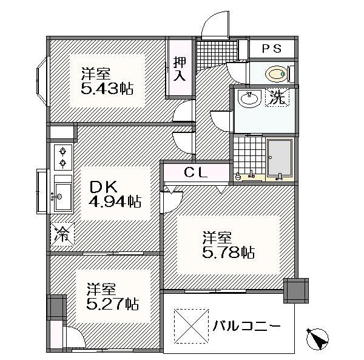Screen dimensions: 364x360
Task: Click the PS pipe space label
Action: pyautogui.click(x=272, y=49)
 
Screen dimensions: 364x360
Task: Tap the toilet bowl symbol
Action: pyautogui.click(x=276, y=74)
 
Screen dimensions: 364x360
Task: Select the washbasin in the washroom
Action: pyautogui.click(x=249, y=99)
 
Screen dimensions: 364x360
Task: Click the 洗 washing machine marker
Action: pyautogui.click(x=277, y=98)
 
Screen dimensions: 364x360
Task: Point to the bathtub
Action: pyautogui.click(x=280, y=157)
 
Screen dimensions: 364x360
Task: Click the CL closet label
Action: pyautogui.click(x=196, y=172)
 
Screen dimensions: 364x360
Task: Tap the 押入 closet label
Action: pyautogui.click(x=180, y=69)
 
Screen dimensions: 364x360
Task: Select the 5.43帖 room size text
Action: pyautogui.click(x=107, y=89)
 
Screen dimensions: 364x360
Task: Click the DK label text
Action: pyautogui.click(x=104, y=188)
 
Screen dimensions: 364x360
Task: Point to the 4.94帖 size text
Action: pyautogui.click(x=115, y=201)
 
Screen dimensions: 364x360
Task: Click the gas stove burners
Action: pyautogui.click(x=63, y=157)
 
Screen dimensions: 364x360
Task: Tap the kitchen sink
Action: pyautogui.click(x=62, y=197)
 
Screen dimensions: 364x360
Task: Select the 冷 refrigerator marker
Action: pyautogui.click(x=62, y=234)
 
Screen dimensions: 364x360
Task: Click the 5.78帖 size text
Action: pyautogui.click(x=229, y=253)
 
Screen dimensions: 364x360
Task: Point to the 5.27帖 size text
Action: pyautogui.click(x=113, y=304)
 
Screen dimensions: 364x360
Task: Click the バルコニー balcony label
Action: pyautogui.click(x=246, y=326)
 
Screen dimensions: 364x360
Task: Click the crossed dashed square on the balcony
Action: pyautogui.click(x=191, y=326)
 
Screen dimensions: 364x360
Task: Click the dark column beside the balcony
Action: pyautogui.click(x=296, y=291)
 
